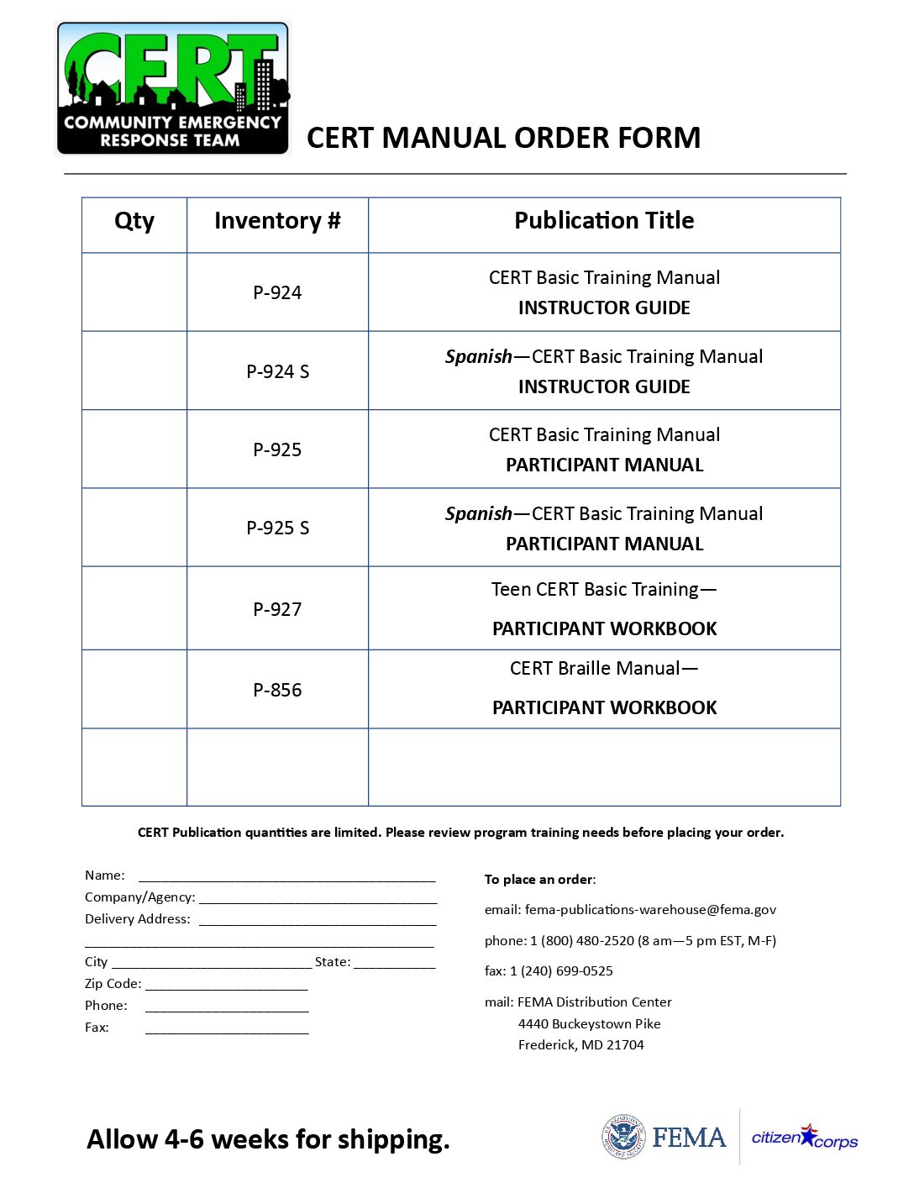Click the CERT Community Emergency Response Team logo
point(173,88)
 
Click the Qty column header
point(134,221)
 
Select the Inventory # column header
point(277,221)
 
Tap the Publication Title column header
point(604,221)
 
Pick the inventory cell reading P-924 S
point(277,371)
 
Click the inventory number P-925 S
point(277,528)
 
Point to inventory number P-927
point(277,609)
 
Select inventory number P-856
point(277,690)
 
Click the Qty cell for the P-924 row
point(134,292)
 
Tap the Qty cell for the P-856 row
point(134,690)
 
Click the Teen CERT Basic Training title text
point(604,590)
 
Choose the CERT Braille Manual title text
point(604,669)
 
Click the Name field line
point(286,877)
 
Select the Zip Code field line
point(227,985)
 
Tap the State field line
point(395,963)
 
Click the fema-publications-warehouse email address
point(650,910)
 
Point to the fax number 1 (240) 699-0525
point(561,971)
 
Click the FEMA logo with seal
point(664,1137)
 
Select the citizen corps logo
point(805,1138)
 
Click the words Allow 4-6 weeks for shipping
point(268,1139)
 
